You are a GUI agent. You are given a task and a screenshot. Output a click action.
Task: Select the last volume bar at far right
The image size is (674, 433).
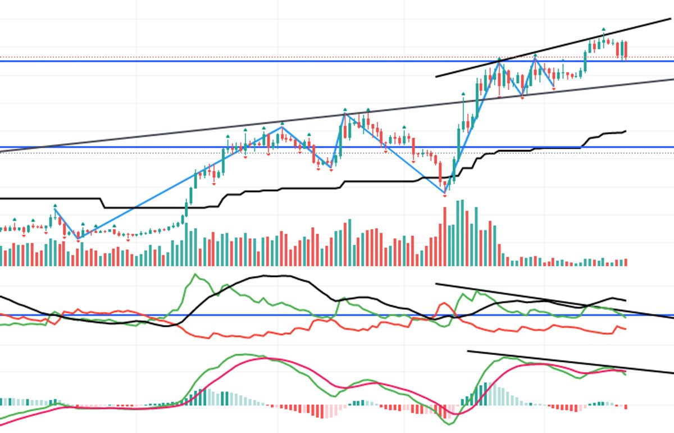625,262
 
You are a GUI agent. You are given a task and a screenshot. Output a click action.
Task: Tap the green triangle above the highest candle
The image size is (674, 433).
604,29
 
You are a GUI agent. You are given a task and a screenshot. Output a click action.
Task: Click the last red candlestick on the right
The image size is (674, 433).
625,49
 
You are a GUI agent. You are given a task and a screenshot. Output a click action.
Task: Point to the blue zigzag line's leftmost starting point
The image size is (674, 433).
55,209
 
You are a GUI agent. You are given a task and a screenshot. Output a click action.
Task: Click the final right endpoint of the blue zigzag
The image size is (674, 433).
554,86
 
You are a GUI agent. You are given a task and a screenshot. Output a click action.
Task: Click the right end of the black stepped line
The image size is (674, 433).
625,131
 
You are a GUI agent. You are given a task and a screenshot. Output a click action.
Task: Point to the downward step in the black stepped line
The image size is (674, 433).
103,203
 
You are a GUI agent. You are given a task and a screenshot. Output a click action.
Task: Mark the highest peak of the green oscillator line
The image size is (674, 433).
195,275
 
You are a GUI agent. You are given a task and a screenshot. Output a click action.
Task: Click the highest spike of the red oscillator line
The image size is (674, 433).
444,304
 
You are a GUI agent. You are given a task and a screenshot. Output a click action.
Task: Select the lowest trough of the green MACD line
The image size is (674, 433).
448,424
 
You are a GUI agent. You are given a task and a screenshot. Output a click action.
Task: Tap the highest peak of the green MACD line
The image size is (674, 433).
242,354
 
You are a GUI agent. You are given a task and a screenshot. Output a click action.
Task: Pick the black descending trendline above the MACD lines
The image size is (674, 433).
562,362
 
